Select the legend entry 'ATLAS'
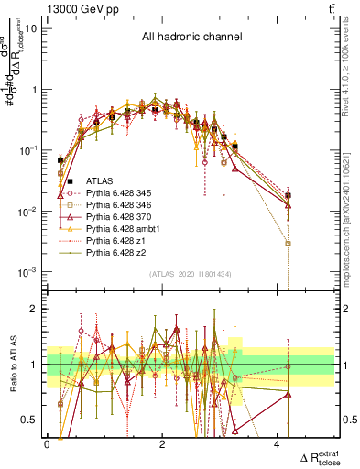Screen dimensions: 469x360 click(x=100, y=182)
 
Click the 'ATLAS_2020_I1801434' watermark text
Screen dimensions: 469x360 click(x=190, y=275)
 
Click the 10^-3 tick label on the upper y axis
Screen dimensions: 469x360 click(x=27, y=272)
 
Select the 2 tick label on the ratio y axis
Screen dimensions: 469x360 click(x=36, y=309)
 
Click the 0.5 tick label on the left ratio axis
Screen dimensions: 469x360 click(x=32, y=420)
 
